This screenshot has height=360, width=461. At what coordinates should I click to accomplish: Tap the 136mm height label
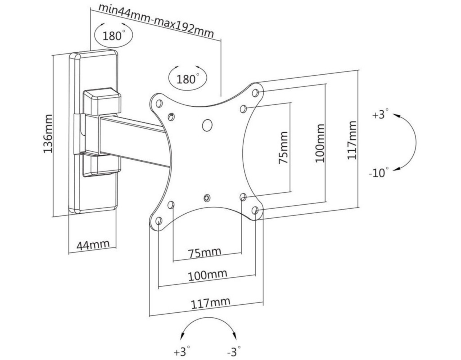(x=48, y=133)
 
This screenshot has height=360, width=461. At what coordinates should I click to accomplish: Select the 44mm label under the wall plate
(x=93, y=245)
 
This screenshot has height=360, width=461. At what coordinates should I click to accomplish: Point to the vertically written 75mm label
(x=283, y=148)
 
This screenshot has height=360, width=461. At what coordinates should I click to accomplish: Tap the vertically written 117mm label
(x=352, y=140)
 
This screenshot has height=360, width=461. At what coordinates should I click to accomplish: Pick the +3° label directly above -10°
(x=380, y=115)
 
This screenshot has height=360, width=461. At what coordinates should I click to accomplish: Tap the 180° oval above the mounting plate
(x=187, y=79)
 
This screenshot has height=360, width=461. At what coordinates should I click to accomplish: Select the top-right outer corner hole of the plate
(x=255, y=93)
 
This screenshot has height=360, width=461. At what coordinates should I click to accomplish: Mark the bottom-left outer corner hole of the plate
(x=159, y=221)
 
